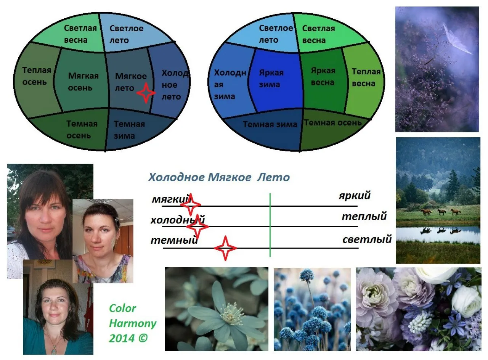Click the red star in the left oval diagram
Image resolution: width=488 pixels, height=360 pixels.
coord(146,93)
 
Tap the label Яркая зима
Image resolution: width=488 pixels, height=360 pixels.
coord(271,79)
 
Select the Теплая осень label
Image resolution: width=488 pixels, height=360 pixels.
coord(37,76)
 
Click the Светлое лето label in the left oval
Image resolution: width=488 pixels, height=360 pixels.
coord(126,34)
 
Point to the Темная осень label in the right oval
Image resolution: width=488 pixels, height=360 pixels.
coord(333,123)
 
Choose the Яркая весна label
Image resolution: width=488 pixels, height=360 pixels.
coord(323,77)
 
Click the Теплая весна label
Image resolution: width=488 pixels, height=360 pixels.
coord(366,77)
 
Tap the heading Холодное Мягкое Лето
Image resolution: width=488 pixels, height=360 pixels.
coord(219,177)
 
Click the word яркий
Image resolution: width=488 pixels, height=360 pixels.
coord(355,195)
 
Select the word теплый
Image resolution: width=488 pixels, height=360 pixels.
coord(364,216)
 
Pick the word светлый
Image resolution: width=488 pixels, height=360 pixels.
coord(367,239)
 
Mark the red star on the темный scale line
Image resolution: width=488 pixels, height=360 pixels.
coord(225,248)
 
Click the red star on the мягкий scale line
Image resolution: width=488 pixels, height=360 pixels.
coord(191,204)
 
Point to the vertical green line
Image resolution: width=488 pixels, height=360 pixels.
coord(270,225)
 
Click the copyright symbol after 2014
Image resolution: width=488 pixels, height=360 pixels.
coord(143,338)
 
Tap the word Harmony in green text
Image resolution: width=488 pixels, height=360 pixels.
coord(133,324)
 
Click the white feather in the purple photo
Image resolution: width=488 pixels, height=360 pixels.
coord(457,39)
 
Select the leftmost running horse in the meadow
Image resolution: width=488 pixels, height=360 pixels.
coord(426,212)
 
